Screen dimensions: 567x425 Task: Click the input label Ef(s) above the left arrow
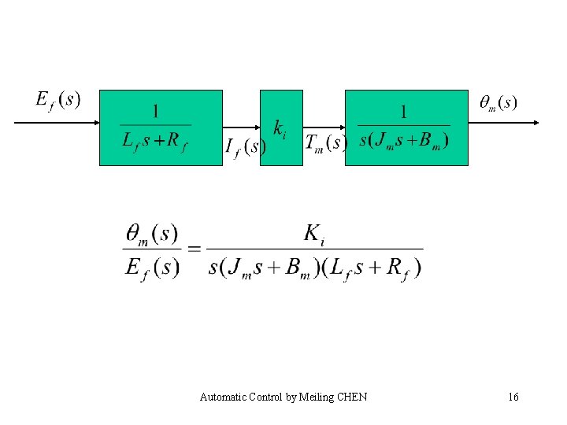tap(58, 101)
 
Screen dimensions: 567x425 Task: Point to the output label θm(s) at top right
tap(498, 103)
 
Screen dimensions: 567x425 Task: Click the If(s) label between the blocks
tap(245, 147)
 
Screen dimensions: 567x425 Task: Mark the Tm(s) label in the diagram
tap(326, 142)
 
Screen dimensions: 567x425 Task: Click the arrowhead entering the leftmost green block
tap(95, 123)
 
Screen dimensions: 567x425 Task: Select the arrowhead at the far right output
tap(535, 123)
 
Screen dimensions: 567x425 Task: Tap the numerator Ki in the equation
tap(314, 233)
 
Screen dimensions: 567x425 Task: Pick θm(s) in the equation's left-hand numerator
tap(152, 235)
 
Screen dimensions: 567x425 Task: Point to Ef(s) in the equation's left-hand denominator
tap(152, 267)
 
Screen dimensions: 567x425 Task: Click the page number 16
tap(513, 397)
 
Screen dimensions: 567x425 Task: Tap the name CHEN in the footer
tap(351, 397)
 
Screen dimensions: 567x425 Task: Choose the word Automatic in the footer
tap(224, 397)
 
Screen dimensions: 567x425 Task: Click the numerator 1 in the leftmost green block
tap(156, 111)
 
